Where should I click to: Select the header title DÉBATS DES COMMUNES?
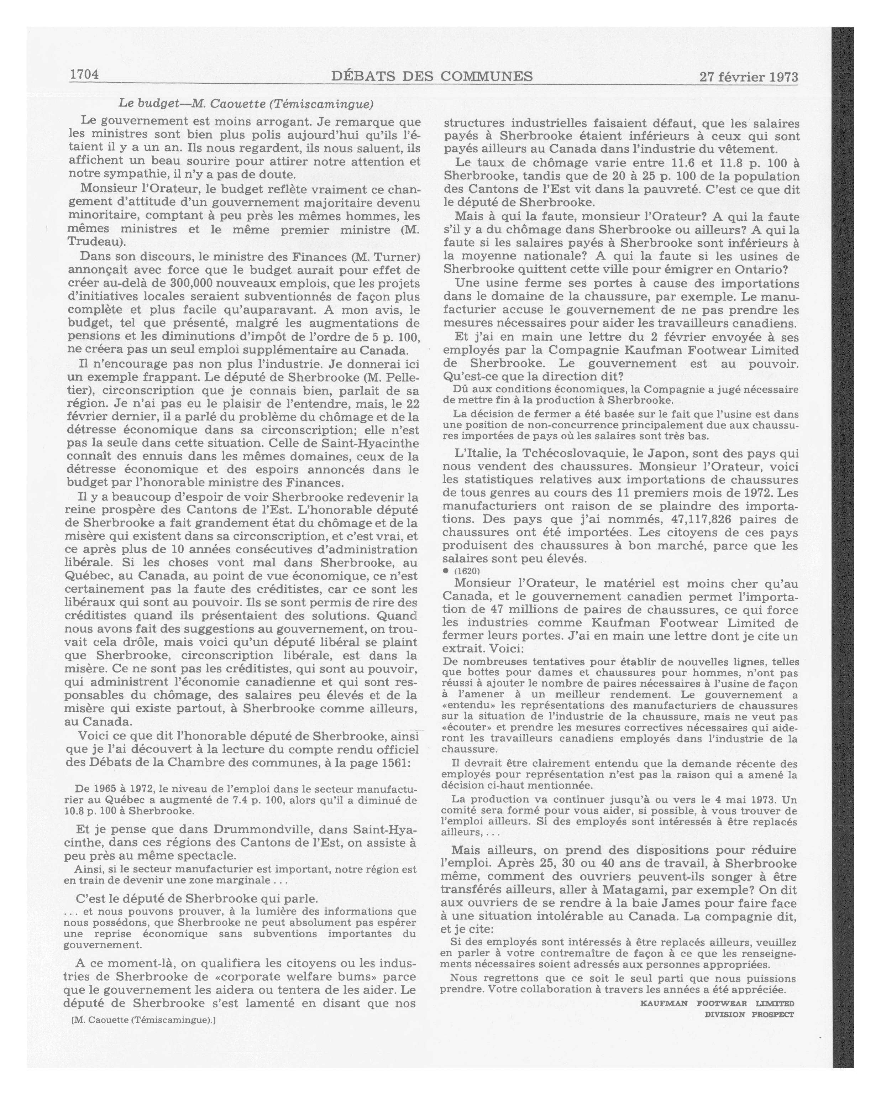pyautogui.click(x=432, y=76)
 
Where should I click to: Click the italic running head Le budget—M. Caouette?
pyautogui.click(x=246, y=104)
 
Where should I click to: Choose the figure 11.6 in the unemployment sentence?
pyautogui.click(x=687, y=163)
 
